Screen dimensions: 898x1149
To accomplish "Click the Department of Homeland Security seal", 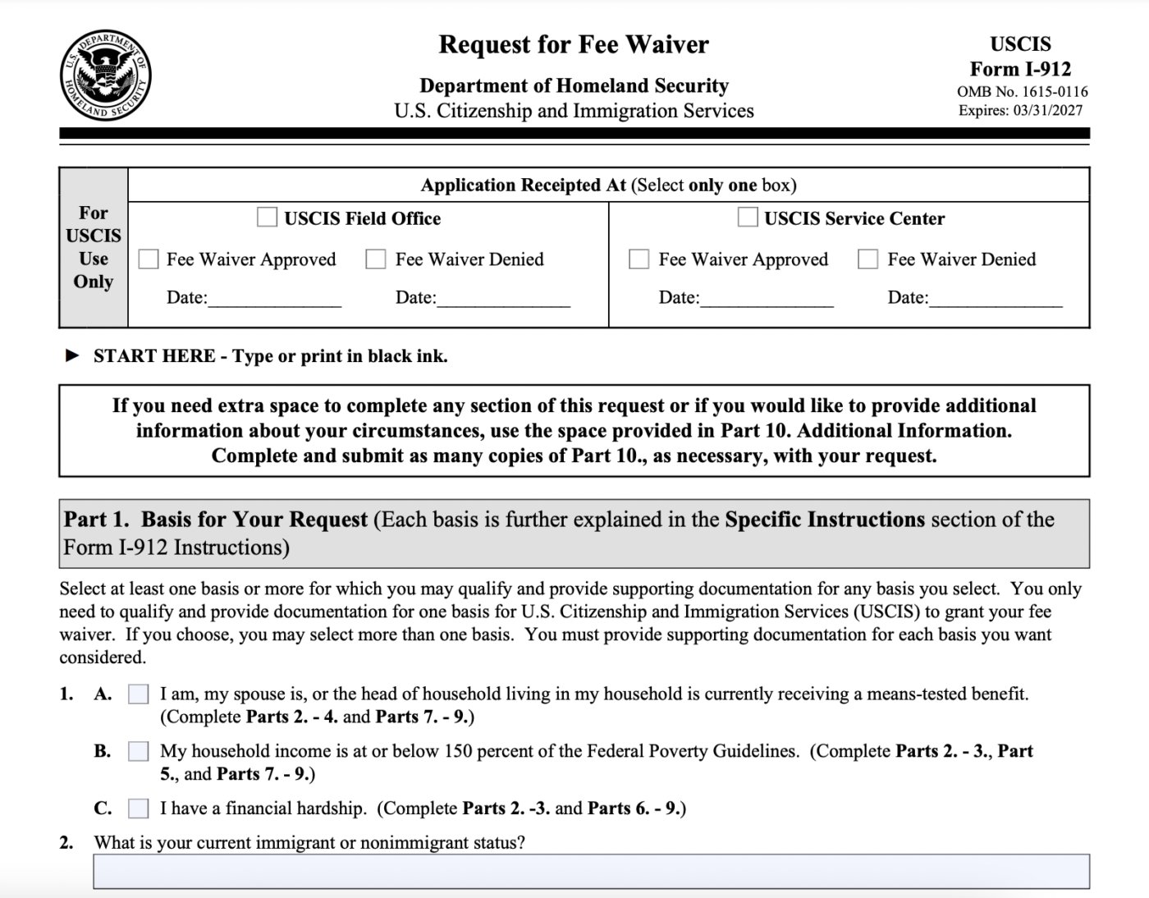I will pos(105,76).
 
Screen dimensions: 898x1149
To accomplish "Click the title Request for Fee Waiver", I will pos(573,44).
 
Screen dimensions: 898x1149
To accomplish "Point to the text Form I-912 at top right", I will pos(1020,69).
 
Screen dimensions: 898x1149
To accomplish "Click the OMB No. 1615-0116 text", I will pos(1022,92).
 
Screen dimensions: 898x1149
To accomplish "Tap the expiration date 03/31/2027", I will pos(1047,111).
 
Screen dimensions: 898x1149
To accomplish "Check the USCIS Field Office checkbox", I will pos(267,218).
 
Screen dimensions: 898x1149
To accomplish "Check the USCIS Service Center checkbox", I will pos(747,218).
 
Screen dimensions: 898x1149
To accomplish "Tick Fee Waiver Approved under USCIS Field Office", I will pos(149,259).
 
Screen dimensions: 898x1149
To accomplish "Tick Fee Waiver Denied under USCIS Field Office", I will pos(376,259).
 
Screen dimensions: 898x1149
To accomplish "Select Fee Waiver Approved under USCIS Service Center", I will pos(639,259).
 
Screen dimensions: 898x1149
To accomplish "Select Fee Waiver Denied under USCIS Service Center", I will pos(867,259).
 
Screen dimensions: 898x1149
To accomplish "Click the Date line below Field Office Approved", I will pos(274,299).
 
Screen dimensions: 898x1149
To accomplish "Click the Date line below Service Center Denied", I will pos(995,299).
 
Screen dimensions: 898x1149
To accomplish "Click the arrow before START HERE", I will pos(73,356).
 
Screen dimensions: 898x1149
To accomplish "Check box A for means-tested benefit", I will pos(139,694).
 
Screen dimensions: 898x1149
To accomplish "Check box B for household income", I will pos(139,751).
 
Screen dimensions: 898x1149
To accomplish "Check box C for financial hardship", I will pos(139,809).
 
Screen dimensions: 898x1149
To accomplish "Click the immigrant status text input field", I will pos(591,871).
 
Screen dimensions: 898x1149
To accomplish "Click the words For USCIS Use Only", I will pos(94,247).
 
